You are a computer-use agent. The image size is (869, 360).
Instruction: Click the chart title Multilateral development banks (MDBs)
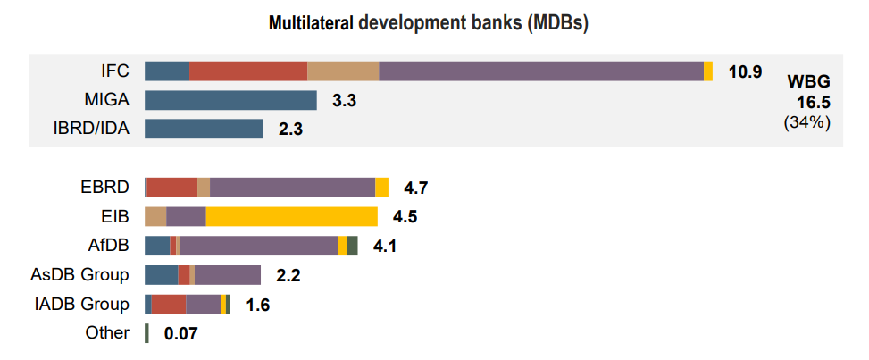click(x=428, y=24)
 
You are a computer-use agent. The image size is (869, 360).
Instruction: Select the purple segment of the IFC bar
click(x=540, y=71)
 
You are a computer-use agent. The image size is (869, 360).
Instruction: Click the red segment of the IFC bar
click(x=248, y=71)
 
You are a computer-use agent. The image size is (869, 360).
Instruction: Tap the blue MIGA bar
click(x=230, y=100)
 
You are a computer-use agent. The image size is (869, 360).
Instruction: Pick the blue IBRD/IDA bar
click(x=204, y=129)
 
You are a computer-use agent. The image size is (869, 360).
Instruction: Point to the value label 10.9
click(x=745, y=71)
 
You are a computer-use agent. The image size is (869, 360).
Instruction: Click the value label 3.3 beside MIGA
click(x=344, y=101)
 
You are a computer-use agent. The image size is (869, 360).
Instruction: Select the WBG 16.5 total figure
click(x=808, y=101)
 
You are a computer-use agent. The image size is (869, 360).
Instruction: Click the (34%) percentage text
click(x=807, y=122)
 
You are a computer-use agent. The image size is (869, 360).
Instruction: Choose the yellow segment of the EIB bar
click(x=292, y=216)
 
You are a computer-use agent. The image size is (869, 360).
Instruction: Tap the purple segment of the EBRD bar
click(x=292, y=187)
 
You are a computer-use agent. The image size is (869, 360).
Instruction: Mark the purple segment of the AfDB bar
click(x=259, y=246)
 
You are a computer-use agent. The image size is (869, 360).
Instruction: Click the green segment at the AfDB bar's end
click(x=353, y=246)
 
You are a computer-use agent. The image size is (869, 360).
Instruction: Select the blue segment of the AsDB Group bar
click(x=161, y=274)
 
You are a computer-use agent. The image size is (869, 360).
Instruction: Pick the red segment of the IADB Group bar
click(x=169, y=304)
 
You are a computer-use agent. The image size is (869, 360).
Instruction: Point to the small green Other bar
click(x=146, y=333)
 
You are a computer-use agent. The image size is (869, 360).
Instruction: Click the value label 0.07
click(x=180, y=334)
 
